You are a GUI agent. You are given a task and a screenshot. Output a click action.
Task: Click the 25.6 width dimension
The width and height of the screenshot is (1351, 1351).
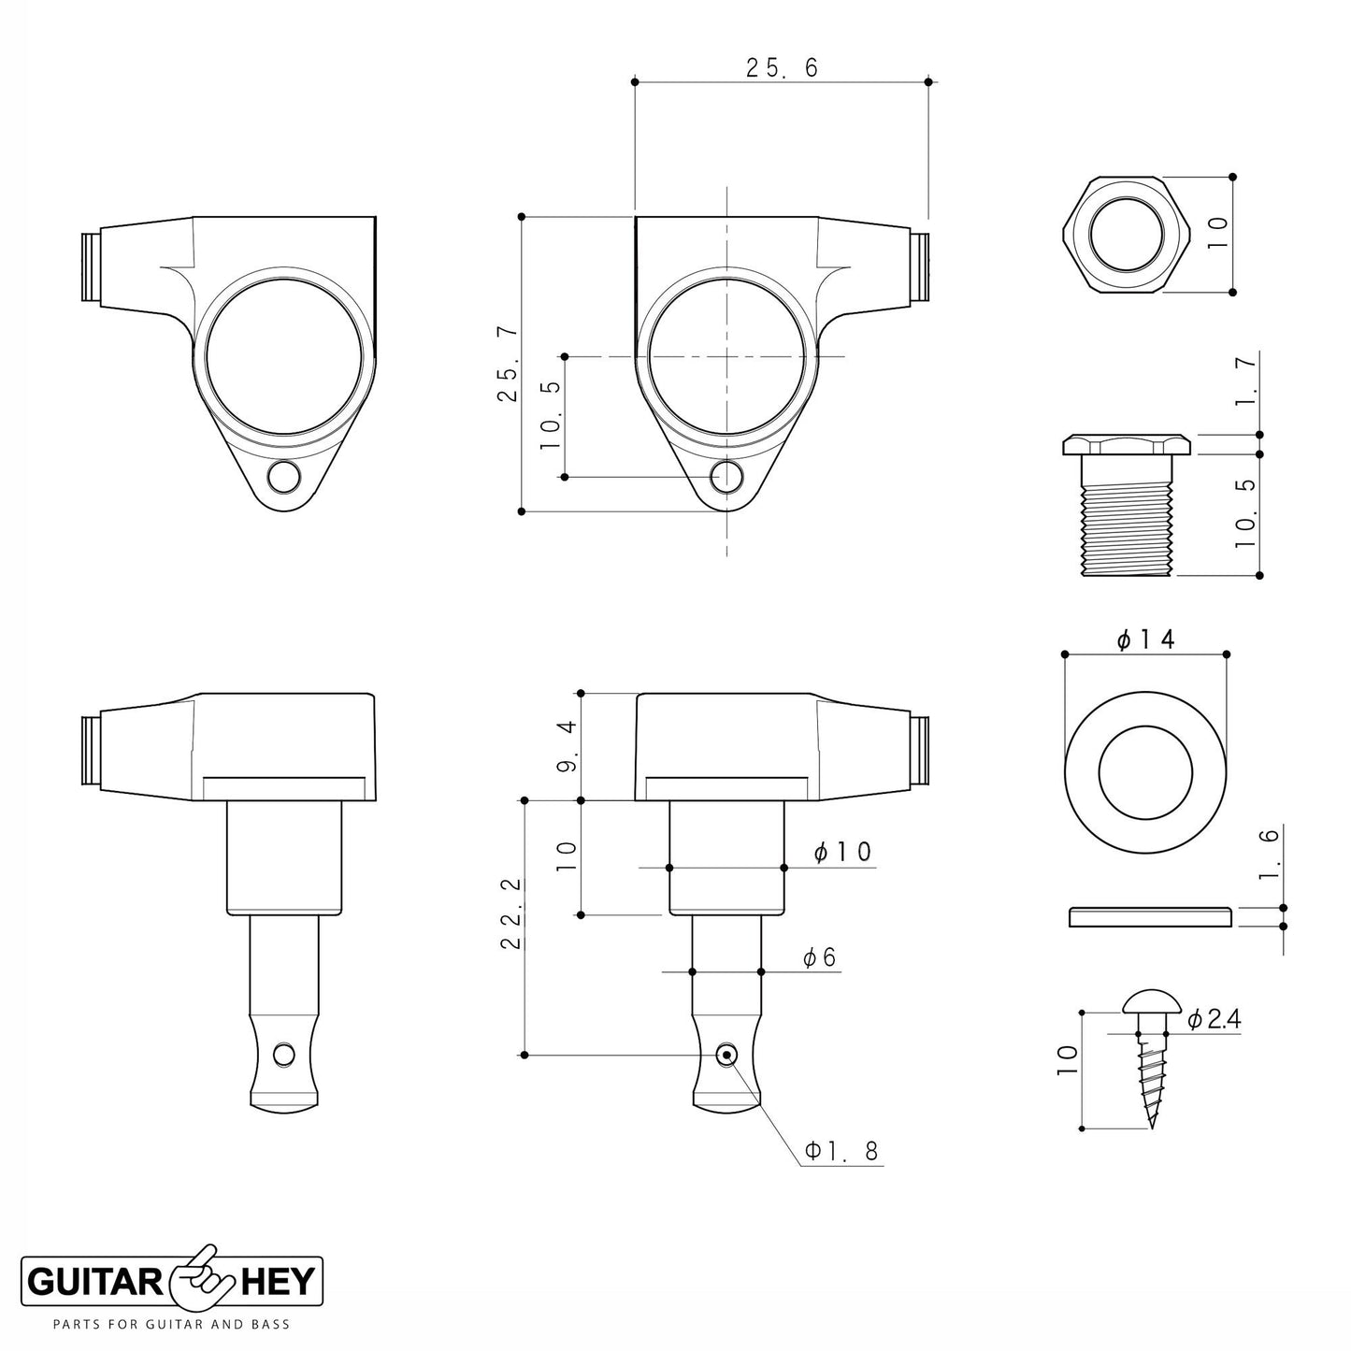coord(782,68)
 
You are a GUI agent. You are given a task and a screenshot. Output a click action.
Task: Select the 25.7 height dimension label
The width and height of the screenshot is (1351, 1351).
coord(508,365)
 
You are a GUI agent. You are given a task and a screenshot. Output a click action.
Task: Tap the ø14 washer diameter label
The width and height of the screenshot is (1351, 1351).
coord(1145,640)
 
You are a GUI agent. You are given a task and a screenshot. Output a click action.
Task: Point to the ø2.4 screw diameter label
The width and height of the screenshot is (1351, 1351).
coord(1214,1020)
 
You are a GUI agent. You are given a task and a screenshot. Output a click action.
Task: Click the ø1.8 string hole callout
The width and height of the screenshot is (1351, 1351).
coord(841,1151)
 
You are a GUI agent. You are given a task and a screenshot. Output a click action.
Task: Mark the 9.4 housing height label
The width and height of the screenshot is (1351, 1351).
coord(567,746)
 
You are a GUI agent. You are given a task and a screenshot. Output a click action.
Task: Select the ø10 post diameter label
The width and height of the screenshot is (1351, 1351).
coord(841,852)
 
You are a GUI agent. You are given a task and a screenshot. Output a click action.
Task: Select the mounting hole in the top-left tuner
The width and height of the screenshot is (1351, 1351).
coord(281,478)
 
